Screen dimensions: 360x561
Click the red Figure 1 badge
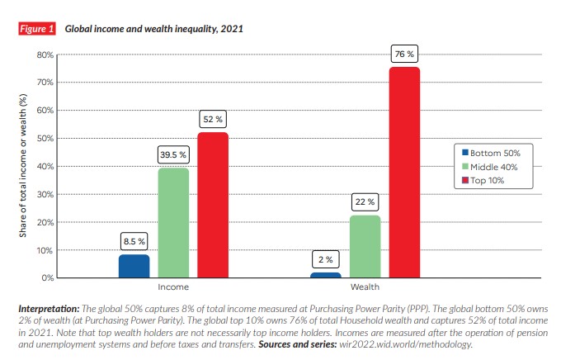tap(37, 29)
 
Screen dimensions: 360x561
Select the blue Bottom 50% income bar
tap(134, 266)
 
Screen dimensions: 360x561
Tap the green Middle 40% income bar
tap(173, 223)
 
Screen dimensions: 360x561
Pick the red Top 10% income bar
tap(213, 205)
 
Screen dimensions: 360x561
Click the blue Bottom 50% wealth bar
tap(325, 274)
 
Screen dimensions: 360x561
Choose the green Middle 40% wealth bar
tap(365, 246)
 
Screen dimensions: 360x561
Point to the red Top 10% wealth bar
tap(404, 172)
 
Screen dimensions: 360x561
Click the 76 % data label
tap(404, 54)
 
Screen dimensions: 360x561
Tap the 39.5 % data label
tap(173, 155)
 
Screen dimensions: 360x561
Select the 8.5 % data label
tap(134, 241)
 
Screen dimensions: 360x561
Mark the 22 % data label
tap(365, 201)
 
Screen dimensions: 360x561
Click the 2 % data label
tap(325, 259)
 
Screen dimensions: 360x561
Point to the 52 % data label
tap(213, 120)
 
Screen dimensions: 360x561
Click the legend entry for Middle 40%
tap(495, 166)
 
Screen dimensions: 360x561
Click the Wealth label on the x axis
tap(365, 287)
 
